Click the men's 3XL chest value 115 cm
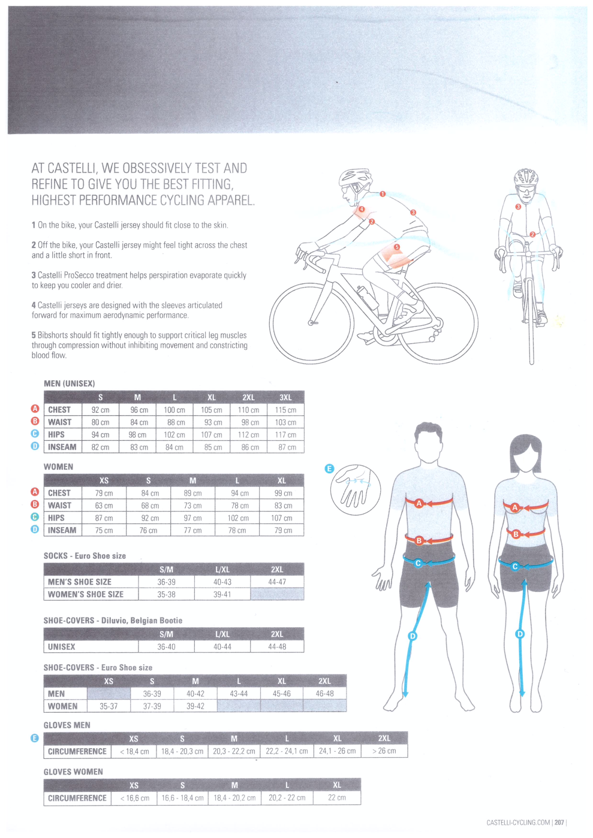285,410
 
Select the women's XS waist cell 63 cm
104,506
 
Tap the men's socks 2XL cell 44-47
277,582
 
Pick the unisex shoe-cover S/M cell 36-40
166,646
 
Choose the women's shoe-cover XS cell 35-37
109,706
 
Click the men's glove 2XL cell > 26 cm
384,751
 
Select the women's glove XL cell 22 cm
337,797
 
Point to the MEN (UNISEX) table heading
70,383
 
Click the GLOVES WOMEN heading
73,772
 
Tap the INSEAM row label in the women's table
62,530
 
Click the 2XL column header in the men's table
248,397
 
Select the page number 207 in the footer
559,822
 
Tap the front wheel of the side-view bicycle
311,322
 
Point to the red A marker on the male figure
419,503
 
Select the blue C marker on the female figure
515,567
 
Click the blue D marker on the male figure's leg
412,636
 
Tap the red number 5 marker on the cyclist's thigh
397,247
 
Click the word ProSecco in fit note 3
79,276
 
